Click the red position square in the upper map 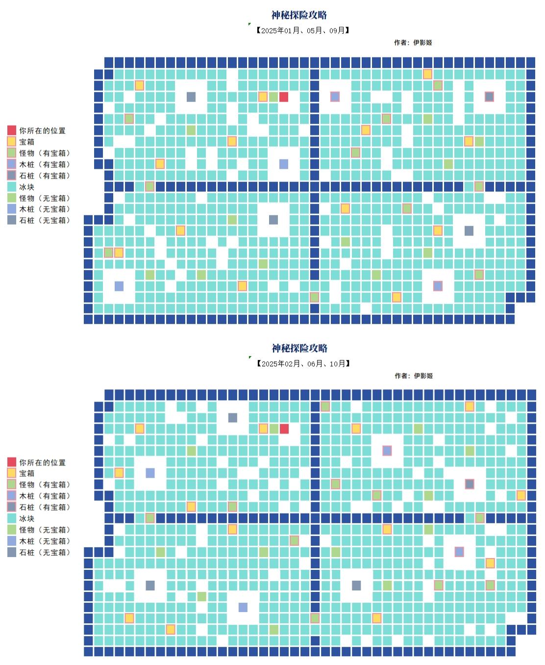coord(284,97)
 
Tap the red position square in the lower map coord(284,429)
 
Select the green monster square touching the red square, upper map coord(273,97)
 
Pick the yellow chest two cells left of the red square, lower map coord(263,429)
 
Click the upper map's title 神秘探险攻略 coord(299,15)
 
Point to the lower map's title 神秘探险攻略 coord(299,348)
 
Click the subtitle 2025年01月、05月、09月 coord(303,30)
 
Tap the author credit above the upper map coord(413,43)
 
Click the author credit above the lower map coord(414,376)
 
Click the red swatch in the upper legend coord(12,130)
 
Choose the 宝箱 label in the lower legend coord(27,473)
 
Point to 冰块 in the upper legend coord(27,187)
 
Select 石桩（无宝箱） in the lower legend coord(45,552)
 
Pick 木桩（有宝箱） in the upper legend coord(45,164)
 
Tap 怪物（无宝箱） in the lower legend coord(45,530)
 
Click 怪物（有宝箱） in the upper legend coord(45,153)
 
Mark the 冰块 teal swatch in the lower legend coord(12,518)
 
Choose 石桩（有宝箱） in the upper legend coord(45,176)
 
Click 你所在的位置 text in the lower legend coord(42,462)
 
